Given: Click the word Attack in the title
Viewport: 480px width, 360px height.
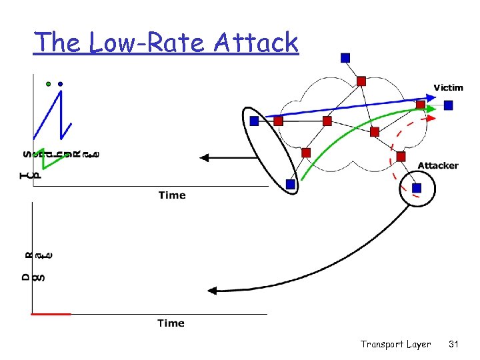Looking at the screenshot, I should coord(256,43).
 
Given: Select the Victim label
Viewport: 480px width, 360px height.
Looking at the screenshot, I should coord(449,87).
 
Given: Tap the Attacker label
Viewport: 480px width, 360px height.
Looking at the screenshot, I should coord(438,165).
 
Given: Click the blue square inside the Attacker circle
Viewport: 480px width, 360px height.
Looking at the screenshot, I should coord(417,188).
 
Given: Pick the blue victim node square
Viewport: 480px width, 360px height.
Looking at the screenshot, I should coord(449,105).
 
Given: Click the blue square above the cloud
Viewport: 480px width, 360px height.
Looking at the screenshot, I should coord(345,58).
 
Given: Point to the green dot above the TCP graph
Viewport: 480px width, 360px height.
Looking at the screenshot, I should coord(48,84).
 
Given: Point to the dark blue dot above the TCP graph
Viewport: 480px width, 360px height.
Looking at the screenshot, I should coord(60,84).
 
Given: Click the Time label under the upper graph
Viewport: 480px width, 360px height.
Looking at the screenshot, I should coord(172,195).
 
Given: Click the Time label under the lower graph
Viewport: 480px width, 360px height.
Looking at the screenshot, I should coord(171,323).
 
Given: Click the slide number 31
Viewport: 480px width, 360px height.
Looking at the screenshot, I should coord(454,345).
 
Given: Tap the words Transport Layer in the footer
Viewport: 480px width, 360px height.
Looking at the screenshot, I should coord(395,345).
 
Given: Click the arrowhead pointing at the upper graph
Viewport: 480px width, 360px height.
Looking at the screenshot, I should coord(205,158).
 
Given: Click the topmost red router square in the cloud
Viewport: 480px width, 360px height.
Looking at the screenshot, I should coord(361,81).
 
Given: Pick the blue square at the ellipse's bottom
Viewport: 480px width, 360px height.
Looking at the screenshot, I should coord(290,184).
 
